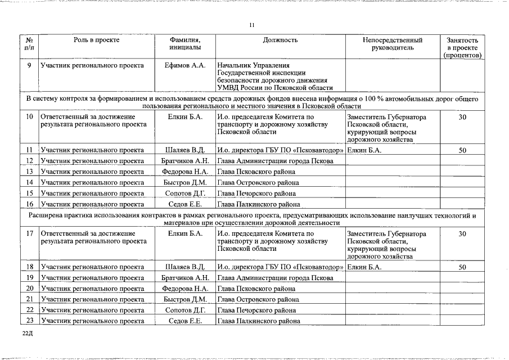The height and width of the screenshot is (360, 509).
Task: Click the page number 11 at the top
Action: [252, 25]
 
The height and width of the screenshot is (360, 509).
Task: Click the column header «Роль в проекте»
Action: [96, 40]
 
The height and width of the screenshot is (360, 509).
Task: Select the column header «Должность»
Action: [280, 40]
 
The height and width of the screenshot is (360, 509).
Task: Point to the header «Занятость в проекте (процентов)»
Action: [462, 48]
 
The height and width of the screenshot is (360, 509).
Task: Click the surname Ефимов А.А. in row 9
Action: [185, 66]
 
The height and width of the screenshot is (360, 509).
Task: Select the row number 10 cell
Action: [29, 117]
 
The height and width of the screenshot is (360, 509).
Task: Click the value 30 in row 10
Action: [462, 117]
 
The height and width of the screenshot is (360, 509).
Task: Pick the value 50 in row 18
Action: [462, 267]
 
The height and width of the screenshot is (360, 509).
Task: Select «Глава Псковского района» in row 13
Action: [256, 172]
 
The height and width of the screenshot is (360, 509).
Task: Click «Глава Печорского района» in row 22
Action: [256, 310]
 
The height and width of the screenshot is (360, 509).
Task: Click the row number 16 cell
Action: [29, 204]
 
